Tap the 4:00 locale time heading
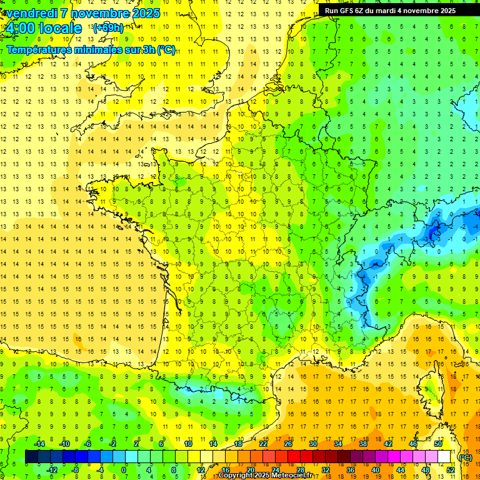(x=43, y=28)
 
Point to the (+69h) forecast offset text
(x=108, y=27)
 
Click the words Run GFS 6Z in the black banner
(x=344, y=11)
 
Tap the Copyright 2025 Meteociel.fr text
(x=264, y=476)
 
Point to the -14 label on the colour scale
(x=39, y=444)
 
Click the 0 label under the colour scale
(x=124, y=470)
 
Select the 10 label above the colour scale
(x=188, y=444)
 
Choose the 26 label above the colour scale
(x=288, y=444)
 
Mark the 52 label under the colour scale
(x=451, y=470)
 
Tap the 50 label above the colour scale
(x=438, y=444)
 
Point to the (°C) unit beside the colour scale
(x=466, y=457)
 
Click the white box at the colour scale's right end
(x=444, y=457)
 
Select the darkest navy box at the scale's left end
(x=31, y=457)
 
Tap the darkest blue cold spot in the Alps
(x=432, y=234)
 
